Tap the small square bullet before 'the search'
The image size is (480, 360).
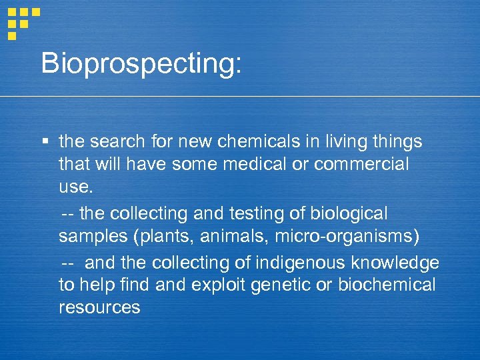click(x=44, y=141)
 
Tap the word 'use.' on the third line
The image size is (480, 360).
click(x=76, y=187)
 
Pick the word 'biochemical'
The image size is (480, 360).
click(x=387, y=285)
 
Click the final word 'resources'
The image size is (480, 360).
click(x=99, y=307)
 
